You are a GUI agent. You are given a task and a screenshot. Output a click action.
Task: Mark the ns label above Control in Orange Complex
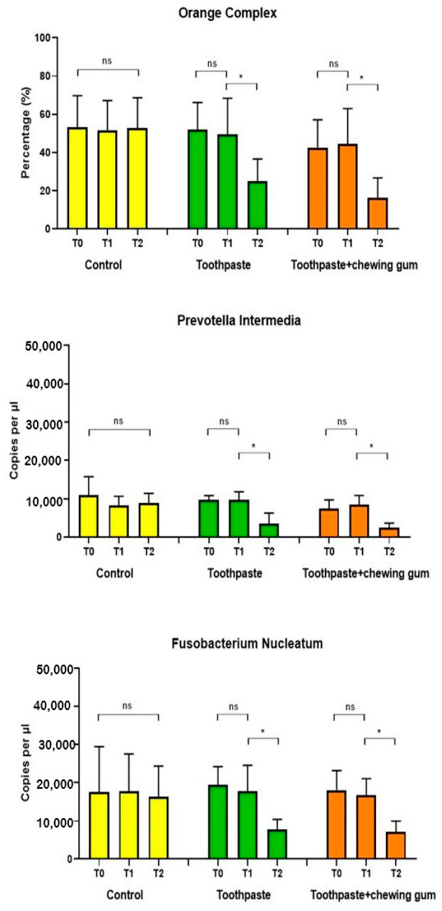coord(108,61)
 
